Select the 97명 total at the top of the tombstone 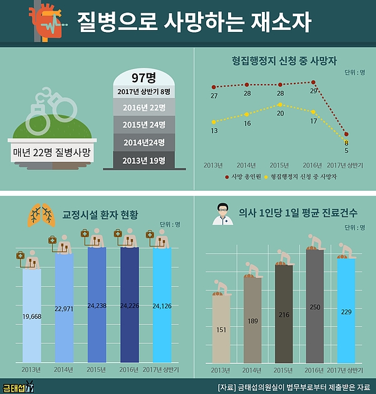point(144,78)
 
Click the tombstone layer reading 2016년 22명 point(144,108)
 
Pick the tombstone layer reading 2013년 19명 point(144,160)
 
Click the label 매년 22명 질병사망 point(52,152)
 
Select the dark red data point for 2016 point(314,82)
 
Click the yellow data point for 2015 point(280,104)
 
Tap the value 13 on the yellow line point(214,130)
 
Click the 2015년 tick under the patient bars point(96,369)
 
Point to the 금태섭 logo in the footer point(17,386)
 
